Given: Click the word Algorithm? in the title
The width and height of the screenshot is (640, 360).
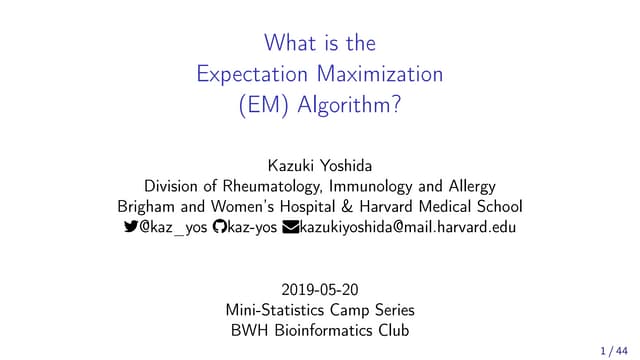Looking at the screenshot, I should tap(349, 106).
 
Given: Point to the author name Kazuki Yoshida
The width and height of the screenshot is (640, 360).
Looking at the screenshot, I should tap(319, 164).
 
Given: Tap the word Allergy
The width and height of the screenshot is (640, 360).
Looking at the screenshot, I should tap(469, 186).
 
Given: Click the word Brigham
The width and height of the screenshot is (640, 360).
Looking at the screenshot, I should tap(144, 207).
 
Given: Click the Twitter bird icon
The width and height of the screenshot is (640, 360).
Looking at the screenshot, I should tap(130, 228).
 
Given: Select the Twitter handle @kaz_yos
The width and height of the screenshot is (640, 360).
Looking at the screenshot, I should tap(174, 228).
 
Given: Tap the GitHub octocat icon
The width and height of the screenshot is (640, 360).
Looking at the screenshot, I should tap(220, 228).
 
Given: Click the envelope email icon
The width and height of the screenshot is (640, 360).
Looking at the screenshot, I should tap(291, 228).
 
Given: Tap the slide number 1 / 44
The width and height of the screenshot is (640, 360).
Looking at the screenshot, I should tap(613, 351).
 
